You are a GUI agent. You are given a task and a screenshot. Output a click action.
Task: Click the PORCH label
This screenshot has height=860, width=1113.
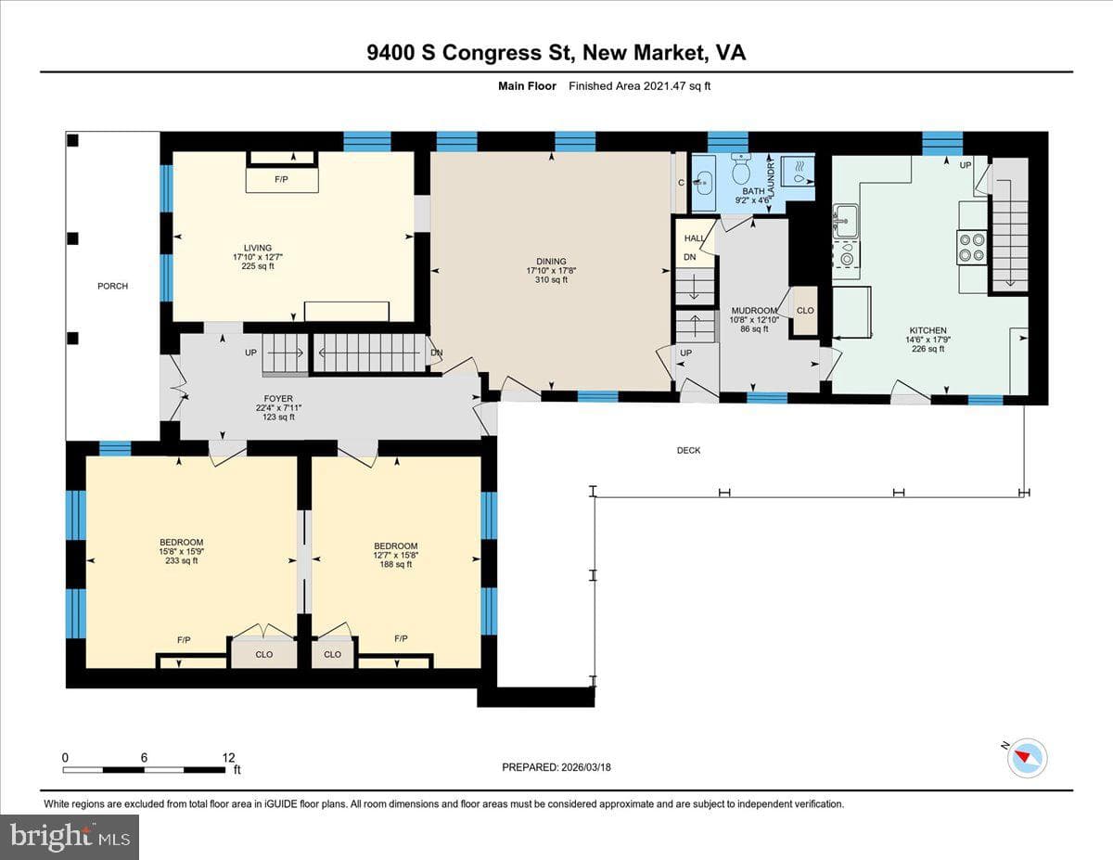(112, 286)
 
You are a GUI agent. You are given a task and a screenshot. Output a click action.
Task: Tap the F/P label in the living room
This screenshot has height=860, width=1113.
(281, 179)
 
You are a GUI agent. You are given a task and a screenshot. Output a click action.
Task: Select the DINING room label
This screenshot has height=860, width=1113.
(551, 262)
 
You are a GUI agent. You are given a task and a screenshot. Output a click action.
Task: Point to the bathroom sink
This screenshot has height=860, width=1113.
(705, 183)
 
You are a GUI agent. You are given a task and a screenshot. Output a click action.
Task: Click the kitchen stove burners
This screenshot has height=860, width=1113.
(972, 247)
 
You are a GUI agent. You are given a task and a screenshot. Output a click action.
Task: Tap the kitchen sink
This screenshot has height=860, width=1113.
(846, 221)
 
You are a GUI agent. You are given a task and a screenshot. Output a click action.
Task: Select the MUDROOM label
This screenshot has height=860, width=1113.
(754, 311)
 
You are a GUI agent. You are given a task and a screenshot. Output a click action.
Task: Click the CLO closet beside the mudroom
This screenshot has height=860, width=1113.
(805, 311)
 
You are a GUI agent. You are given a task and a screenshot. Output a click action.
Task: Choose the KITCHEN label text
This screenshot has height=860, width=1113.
(927, 330)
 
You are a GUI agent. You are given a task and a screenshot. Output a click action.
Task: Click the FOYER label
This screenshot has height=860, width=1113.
(278, 399)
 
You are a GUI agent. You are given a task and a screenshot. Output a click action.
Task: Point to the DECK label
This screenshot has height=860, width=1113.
(688, 450)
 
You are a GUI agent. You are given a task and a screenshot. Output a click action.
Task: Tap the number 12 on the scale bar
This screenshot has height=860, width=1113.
(228, 758)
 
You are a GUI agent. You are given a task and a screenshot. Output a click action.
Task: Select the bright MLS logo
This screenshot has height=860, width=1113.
(70, 837)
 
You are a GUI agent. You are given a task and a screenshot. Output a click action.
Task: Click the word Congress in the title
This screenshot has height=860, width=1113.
(493, 53)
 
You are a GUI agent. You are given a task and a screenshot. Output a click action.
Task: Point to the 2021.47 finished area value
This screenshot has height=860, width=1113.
(664, 86)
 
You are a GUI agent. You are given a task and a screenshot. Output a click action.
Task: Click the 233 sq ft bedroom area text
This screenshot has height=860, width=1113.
(181, 561)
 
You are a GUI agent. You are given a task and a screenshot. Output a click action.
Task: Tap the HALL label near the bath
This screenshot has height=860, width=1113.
(695, 238)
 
